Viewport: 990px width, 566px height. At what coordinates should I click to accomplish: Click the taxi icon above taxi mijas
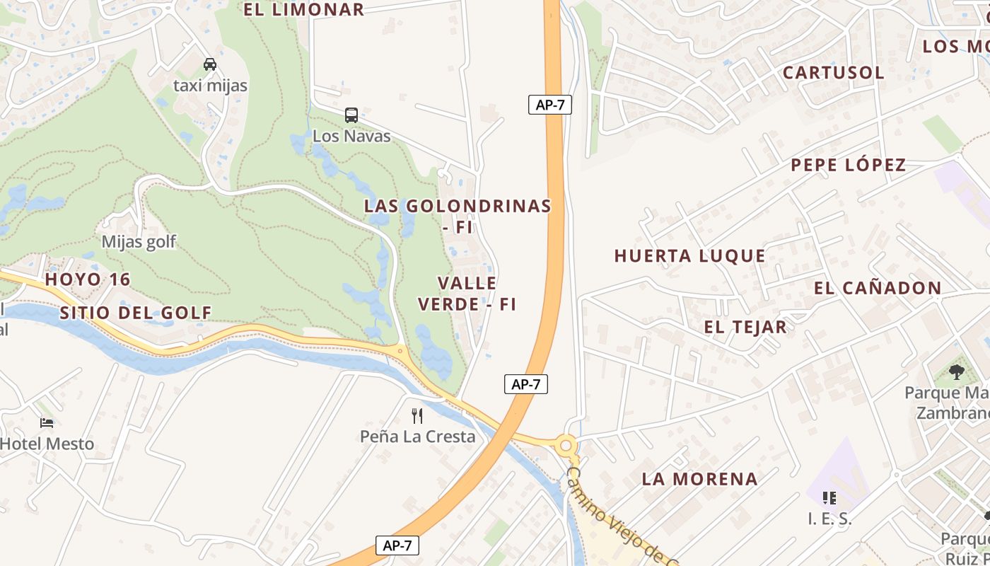(210, 64)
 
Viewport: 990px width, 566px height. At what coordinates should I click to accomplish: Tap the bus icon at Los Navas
(351, 115)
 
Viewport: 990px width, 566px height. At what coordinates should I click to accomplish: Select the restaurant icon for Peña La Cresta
(417, 415)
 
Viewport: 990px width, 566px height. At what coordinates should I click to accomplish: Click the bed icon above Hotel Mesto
(47, 423)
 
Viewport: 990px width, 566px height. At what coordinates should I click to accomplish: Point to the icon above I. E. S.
(829, 498)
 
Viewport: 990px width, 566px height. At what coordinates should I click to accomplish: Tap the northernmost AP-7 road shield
(549, 105)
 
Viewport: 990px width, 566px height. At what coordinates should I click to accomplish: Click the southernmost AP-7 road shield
(397, 545)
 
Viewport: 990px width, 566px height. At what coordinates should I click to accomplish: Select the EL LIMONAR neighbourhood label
(303, 10)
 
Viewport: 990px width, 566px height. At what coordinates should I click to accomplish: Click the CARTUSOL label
(833, 73)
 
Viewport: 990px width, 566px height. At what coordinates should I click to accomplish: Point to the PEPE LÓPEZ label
(848, 166)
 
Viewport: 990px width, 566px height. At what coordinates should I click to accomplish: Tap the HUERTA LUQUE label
(689, 256)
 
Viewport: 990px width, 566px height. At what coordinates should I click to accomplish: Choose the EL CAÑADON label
(877, 289)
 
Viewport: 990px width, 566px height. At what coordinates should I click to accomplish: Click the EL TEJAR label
(745, 327)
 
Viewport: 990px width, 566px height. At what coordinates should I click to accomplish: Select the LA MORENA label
(699, 479)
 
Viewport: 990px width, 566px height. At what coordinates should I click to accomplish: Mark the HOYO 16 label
(88, 279)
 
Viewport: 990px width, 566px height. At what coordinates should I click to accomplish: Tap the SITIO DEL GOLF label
(136, 313)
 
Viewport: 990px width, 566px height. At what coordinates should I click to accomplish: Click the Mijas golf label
(139, 242)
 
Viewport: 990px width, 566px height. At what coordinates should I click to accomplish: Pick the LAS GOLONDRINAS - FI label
(457, 216)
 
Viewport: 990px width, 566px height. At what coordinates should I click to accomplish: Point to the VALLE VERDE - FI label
(467, 294)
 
